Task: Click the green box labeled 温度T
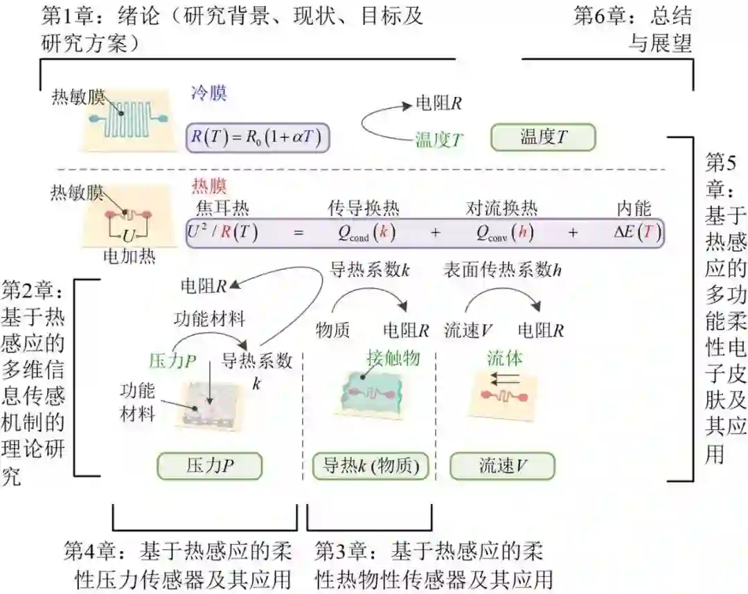[543, 137]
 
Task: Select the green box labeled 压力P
[209, 466]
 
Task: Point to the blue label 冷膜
[208, 93]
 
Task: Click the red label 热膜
[208, 187]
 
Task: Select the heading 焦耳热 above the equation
[222, 208]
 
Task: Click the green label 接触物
[392, 358]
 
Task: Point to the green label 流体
[504, 358]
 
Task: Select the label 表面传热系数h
[502, 271]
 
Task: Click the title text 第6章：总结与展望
[632, 29]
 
